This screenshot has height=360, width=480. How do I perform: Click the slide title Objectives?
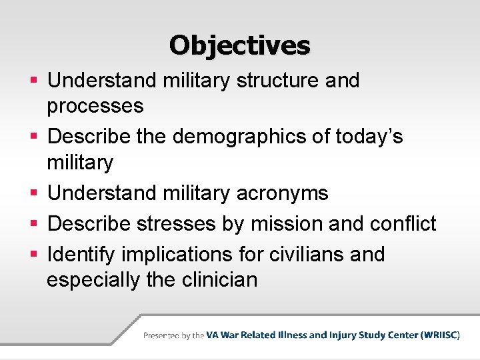pos(239,45)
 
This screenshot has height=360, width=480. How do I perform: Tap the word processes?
pos(95,106)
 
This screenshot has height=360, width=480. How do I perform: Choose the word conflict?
pos(404,224)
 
